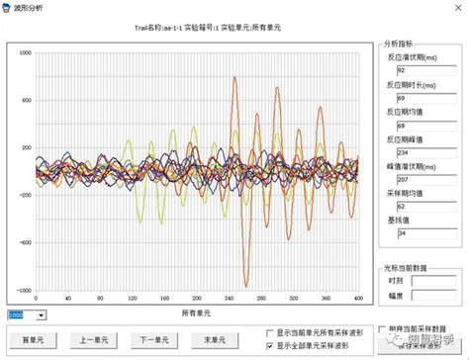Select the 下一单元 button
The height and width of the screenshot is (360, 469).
(154, 340)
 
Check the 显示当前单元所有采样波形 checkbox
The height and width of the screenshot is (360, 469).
(271, 332)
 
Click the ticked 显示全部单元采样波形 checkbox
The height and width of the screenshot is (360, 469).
(271, 346)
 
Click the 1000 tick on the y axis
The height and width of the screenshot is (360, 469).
(25, 52)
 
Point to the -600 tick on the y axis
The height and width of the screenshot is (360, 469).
(23, 243)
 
